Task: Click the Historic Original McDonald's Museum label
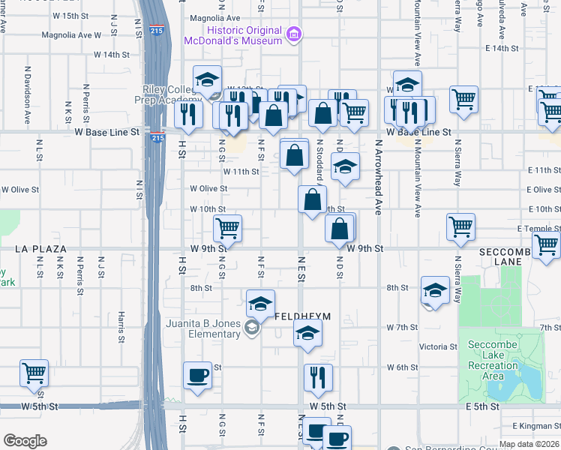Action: point(233,35)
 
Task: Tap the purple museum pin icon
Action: point(294,33)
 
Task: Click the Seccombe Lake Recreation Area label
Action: point(493,366)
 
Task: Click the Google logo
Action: point(25,441)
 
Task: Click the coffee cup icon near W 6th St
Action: point(198,375)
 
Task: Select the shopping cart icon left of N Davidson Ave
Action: point(34,373)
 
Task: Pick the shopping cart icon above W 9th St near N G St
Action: point(227,228)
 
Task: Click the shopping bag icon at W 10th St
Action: point(312,199)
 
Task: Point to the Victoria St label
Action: point(438,346)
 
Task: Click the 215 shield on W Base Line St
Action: point(157,137)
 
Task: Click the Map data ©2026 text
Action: point(529,444)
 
